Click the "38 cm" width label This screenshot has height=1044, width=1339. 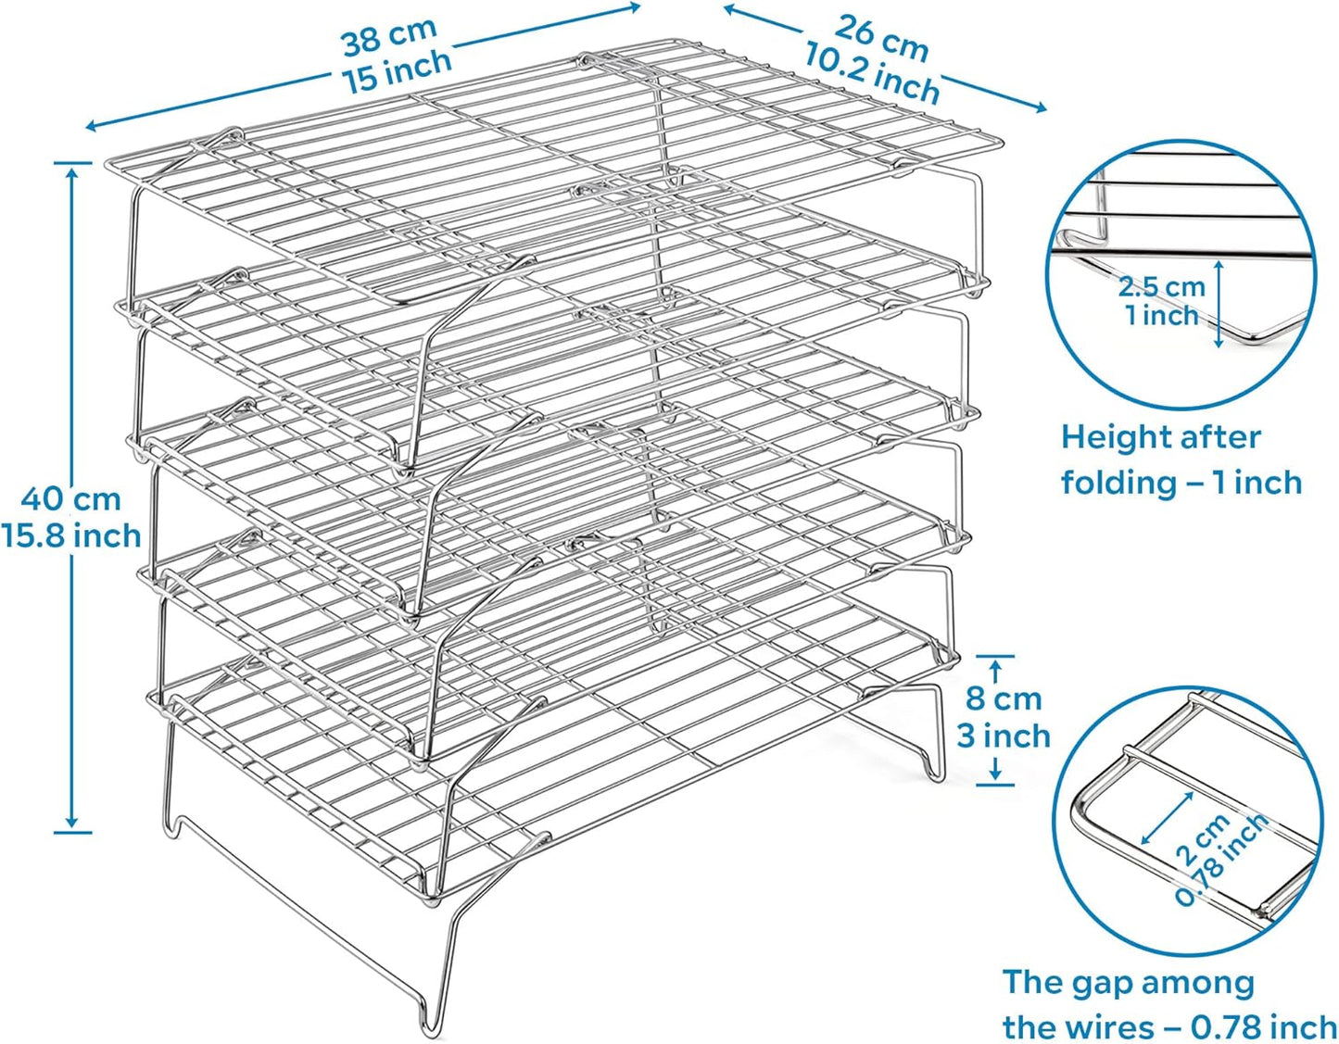click(x=389, y=37)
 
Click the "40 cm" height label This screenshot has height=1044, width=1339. click(x=71, y=499)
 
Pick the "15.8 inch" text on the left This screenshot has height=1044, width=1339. click(x=70, y=535)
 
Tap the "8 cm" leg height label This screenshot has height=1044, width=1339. click(x=1004, y=698)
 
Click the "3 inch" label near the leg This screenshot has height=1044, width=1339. click(x=1004, y=736)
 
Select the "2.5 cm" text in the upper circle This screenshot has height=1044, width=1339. click(x=1161, y=286)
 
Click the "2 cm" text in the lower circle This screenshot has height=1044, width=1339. click(x=1202, y=840)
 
